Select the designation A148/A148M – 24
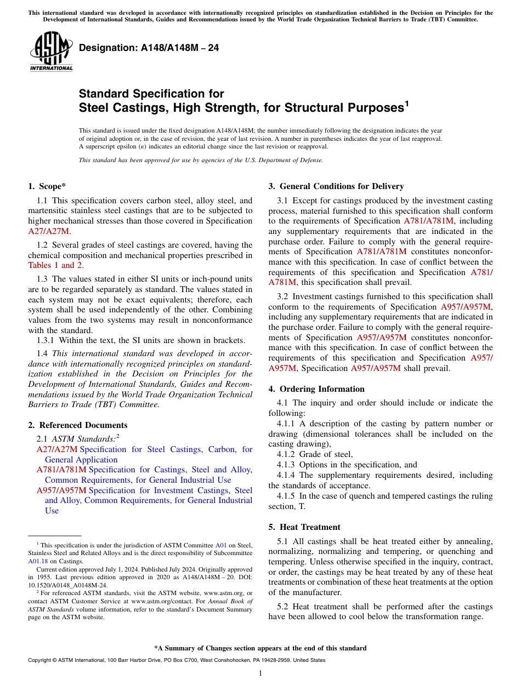pos(149,48)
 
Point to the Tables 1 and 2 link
pos(55,265)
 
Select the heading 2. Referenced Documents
pos(77,425)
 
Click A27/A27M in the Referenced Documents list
pos(56,449)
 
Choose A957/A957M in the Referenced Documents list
pos(61,490)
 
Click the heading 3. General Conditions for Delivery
pos(336,186)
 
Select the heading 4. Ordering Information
pos(316,389)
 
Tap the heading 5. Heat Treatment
pos(304,527)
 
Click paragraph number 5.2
pos(284,607)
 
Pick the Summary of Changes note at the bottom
pos(260,648)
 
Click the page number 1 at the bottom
pos(260,673)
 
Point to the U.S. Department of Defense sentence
pos(201,160)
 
